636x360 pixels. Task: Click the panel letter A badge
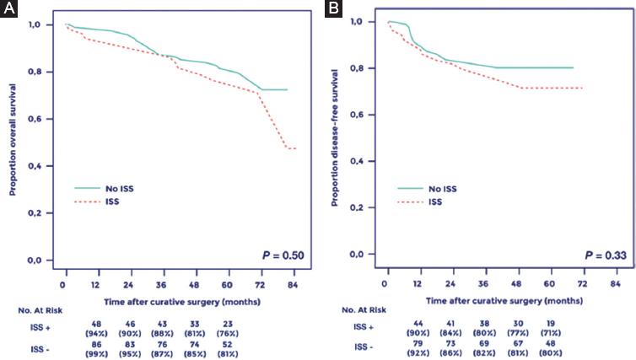click(x=9, y=9)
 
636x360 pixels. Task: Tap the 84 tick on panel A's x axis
click(x=291, y=274)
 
